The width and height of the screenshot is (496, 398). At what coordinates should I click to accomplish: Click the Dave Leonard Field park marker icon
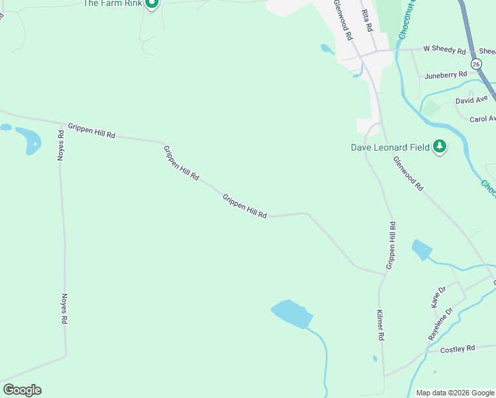(x=439, y=147)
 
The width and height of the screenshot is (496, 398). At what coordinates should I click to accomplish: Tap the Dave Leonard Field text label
(x=390, y=147)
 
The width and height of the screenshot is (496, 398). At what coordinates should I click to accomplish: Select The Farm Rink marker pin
(x=151, y=4)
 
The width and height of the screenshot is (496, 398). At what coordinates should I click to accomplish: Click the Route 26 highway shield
(x=476, y=63)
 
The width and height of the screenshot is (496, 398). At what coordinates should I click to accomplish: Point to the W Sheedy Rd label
(x=445, y=48)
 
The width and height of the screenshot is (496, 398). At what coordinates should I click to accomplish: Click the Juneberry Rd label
(x=446, y=76)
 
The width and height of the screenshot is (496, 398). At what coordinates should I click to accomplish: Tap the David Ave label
(x=471, y=100)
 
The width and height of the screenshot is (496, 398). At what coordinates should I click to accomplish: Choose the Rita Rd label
(x=367, y=20)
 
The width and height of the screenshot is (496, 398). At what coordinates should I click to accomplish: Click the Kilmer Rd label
(x=381, y=325)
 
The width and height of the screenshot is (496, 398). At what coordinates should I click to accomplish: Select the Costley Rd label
(x=458, y=348)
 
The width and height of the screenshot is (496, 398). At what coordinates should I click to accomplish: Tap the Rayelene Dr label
(x=440, y=324)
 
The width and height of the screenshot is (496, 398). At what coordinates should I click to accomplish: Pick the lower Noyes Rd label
(x=64, y=309)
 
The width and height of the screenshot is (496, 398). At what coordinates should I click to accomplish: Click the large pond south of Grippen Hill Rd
(x=290, y=313)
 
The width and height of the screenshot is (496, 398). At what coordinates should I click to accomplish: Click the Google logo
(x=22, y=390)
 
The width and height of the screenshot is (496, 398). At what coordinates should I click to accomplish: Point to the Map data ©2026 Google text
(x=455, y=393)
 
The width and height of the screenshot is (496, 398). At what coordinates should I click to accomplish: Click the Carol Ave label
(x=482, y=119)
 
